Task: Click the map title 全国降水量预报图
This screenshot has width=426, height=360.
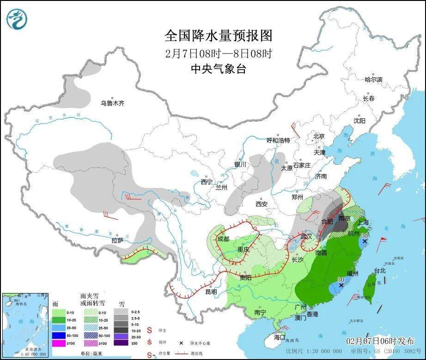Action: (x=218, y=36)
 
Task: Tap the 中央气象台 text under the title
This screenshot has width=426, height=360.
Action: (x=218, y=69)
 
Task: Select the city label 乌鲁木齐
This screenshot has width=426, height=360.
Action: (x=113, y=103)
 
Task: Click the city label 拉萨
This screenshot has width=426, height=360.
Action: (x=117, y=240)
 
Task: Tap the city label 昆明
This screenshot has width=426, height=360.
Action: (x=211, y=292)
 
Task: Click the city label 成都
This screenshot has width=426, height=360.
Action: (x=223, y=239)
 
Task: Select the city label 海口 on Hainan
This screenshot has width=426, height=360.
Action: (x=280, y=337)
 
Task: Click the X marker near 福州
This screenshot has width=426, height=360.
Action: (x=341, y=286)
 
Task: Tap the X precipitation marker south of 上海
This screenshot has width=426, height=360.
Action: (x=365, y=241)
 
